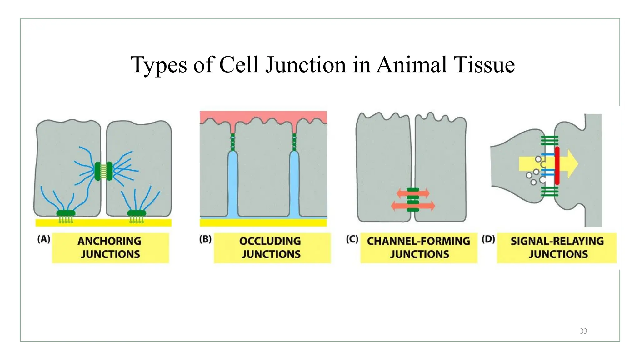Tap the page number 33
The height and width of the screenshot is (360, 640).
click(583, 331)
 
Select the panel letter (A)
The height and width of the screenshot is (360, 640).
click(44, 239)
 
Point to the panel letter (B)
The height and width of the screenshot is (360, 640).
click(205, 239)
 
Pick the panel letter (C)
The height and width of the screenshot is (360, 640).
click(352, 239)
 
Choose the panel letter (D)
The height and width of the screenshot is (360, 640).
click(488, 239)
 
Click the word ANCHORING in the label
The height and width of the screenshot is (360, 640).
click(109, 241)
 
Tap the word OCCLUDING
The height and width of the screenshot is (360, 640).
click(270, 241)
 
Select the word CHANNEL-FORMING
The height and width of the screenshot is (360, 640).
click(418, 241)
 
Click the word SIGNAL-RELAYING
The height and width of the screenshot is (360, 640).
click(557, 241)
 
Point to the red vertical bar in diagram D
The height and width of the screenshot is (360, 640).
click(557, 166)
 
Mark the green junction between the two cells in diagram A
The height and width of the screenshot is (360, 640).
click(103, 171)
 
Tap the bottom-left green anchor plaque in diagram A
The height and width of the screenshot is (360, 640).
click(66, 213)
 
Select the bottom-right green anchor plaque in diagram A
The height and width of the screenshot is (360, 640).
click(137, 213)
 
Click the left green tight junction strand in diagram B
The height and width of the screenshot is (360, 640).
click(232, 142)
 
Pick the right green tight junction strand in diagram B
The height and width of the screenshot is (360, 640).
click(294, 142)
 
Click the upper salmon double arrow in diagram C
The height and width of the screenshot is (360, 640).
click(413, 193)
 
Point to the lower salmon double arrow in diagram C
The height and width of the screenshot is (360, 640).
click(413, 206)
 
